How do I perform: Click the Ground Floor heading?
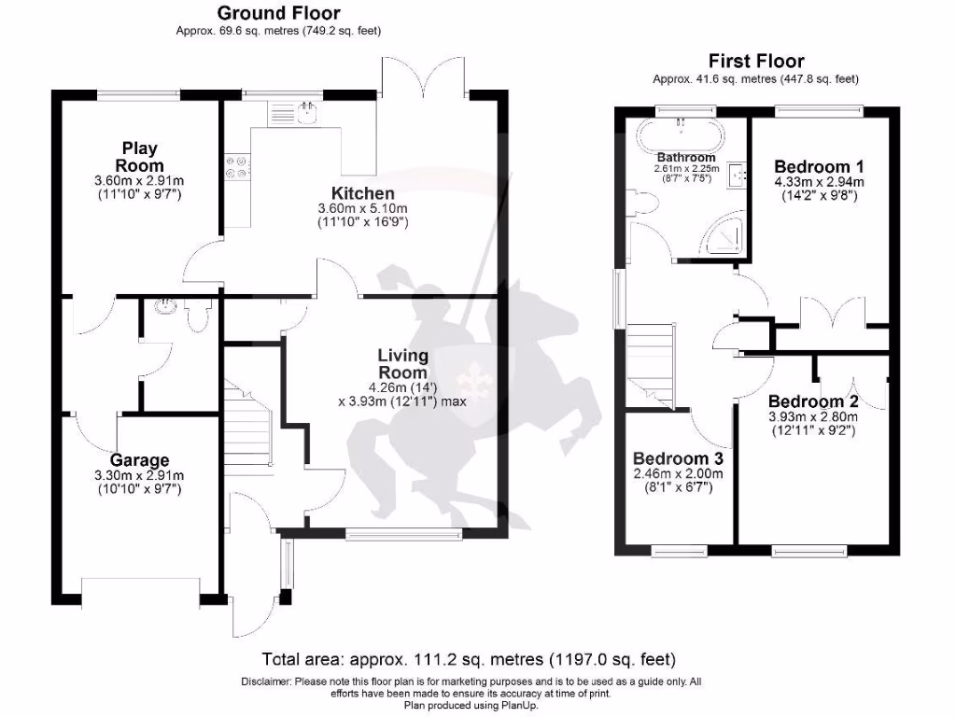pos(278,13)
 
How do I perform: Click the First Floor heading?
pos(755,62)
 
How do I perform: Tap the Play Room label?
pos(139,156)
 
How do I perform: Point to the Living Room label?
pos(402,363)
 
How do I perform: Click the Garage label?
pos(139,459)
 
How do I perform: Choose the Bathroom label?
pos(686,157)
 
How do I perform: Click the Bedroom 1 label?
pos(812,167)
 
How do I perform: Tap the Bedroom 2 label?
pos(812,402)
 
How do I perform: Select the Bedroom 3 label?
pos(678,458)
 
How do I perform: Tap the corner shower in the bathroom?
pos(726,239)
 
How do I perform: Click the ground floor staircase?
pos(246,426)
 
